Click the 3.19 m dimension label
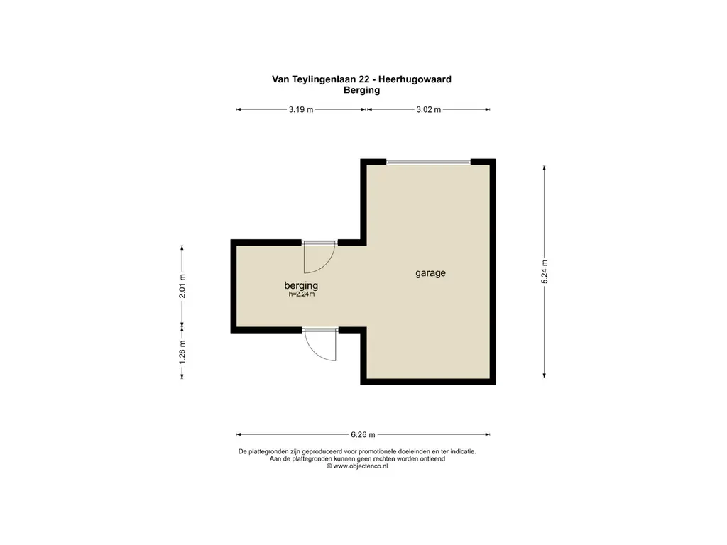point(301,109)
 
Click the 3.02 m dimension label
point(428,109)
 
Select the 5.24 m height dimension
point(545,272)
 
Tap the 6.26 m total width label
point(362,434)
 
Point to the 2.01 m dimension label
point(182,286)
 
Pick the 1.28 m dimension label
point(182,353)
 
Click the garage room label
point(430,272)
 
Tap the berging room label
point(301,285)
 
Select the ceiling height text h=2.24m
point(302,294)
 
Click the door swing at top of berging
point(319,258)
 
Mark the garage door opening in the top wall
point(428,163)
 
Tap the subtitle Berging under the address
point(362,90)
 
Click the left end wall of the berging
point(233,286)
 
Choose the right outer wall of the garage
point(492,272)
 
